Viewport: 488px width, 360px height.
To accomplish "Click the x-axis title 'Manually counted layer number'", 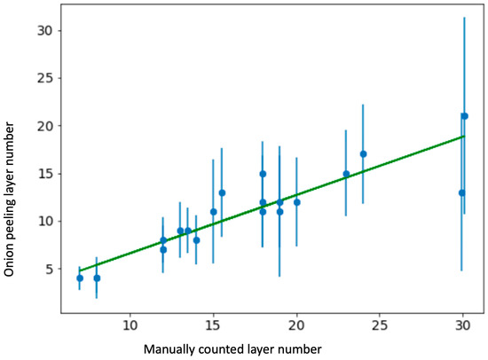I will (232, 347).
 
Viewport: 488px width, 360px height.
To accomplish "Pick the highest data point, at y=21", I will (464, 116).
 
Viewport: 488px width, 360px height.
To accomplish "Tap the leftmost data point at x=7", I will (80, 278).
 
